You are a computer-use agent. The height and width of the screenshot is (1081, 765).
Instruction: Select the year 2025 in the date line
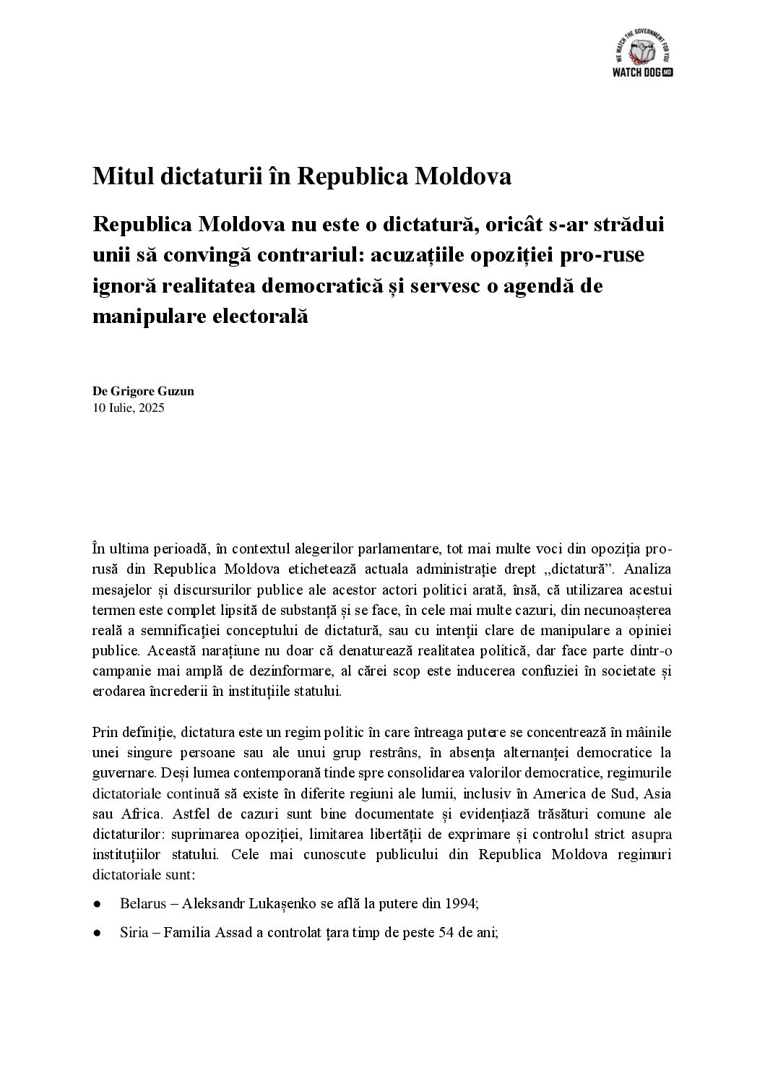[151, 408]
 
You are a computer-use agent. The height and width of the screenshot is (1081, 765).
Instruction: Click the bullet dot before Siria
[96, 933]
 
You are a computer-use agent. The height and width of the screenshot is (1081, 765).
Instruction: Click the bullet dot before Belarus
[96, 905]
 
